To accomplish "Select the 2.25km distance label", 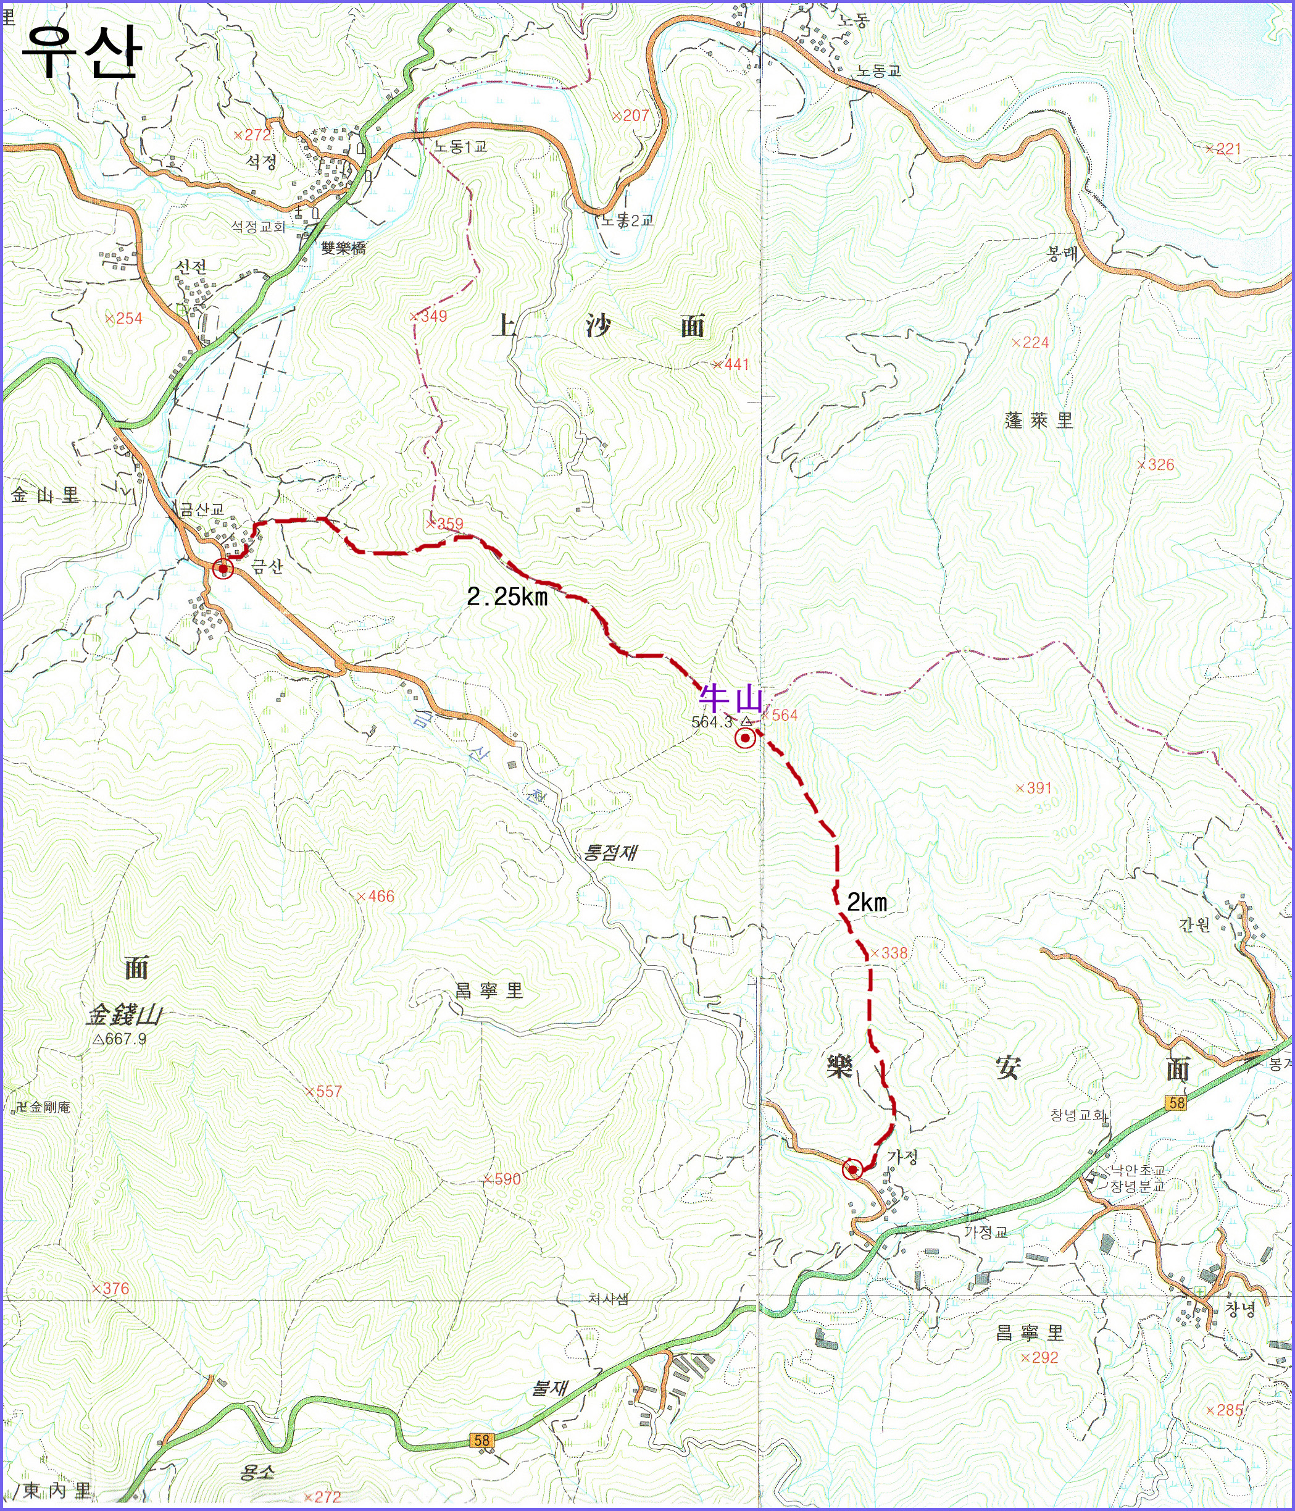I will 507,597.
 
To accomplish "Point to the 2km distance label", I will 866,903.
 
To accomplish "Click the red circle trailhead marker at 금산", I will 223,568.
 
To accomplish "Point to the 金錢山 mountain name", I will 124,1015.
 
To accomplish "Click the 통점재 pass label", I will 611,852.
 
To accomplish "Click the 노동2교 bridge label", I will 627,219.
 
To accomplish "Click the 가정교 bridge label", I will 985,1232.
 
